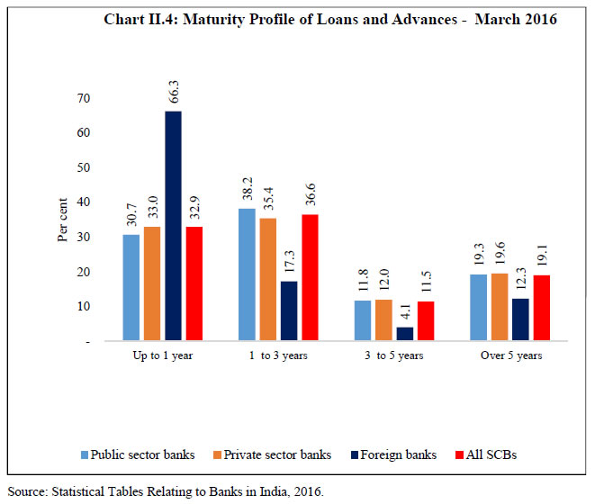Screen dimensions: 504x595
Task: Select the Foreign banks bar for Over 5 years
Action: [519, 319]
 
